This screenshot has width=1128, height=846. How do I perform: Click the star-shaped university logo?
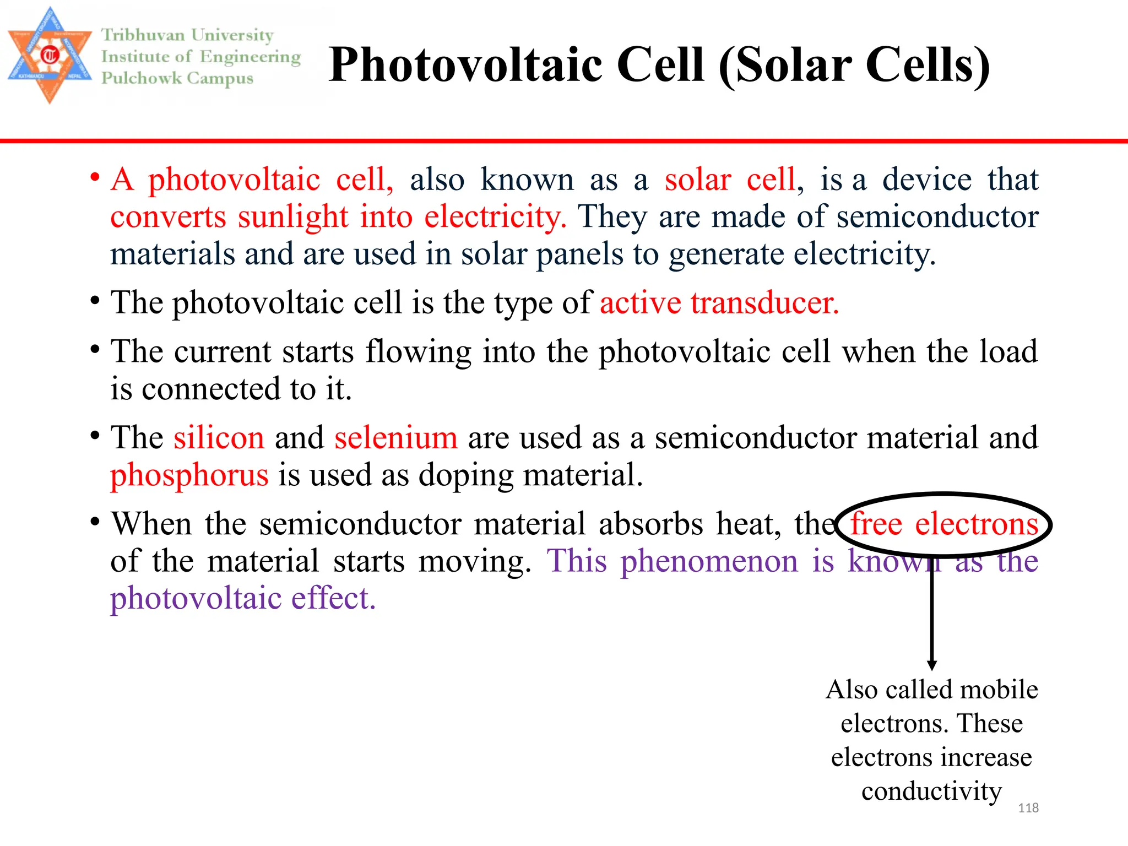tap(50, 55)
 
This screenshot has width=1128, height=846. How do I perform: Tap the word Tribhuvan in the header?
tap(143, 35)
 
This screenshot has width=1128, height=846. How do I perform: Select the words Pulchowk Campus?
tap(177, 78)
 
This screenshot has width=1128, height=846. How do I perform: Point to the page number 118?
tap(1028, 808)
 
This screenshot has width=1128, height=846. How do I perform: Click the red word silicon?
tap(219, 438)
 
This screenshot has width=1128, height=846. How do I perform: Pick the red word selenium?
tap(395, 438)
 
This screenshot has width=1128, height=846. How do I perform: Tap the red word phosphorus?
tap(189, 475)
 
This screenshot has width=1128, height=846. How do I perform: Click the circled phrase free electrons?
tap(943, 524)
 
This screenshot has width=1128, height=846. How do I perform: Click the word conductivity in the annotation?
tap(931, 791)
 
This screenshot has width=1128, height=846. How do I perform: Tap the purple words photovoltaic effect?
tap(243, 599)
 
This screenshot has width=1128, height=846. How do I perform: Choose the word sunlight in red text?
tap(292, 216)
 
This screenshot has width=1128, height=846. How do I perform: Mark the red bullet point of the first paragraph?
tap(95, 177)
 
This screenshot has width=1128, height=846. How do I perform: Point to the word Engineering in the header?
tap(250, 57)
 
